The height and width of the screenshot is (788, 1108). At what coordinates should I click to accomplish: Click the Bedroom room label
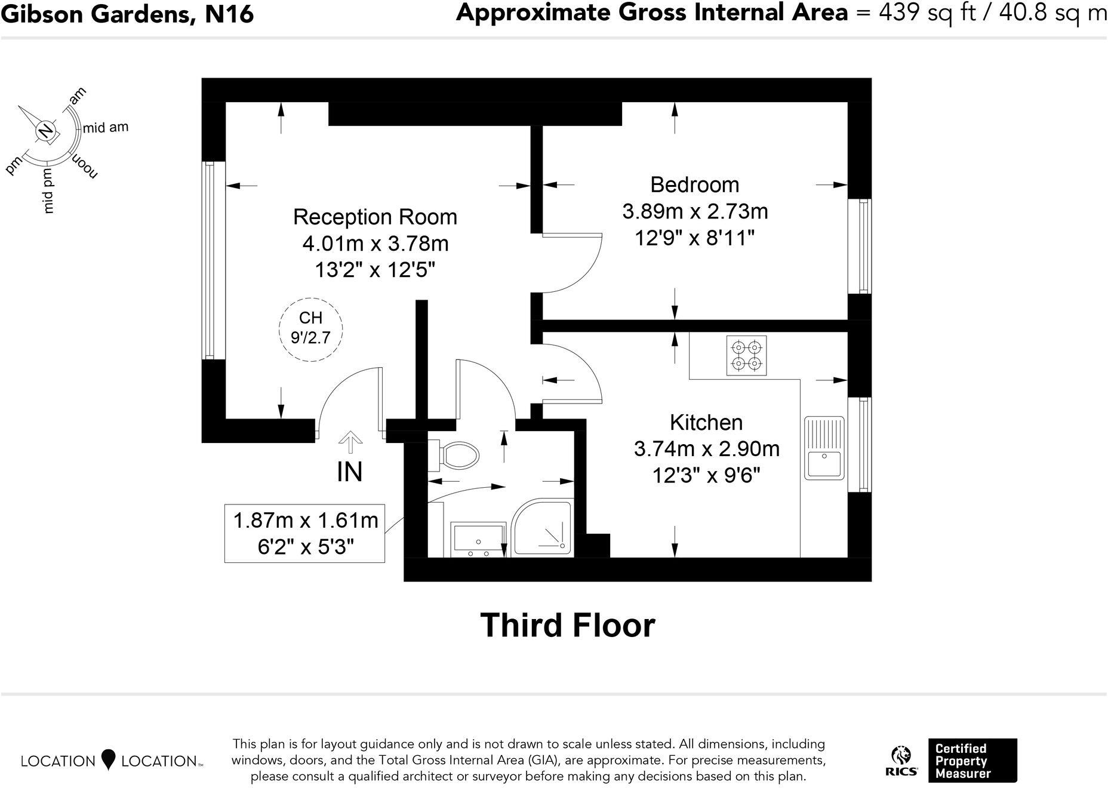[694, 184]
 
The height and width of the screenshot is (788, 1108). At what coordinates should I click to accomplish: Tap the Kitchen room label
[706, 422]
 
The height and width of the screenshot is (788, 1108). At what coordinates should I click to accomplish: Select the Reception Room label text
[375, 217]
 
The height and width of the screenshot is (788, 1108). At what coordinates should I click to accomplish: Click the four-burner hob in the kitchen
[747, 355]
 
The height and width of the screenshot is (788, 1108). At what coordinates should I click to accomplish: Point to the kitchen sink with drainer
[824, 448]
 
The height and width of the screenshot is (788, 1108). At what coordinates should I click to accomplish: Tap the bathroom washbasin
[478, 540]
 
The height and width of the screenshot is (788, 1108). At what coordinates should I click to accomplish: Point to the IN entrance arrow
[350, 444]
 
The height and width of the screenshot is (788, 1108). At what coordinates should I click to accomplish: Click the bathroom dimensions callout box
[304, 533]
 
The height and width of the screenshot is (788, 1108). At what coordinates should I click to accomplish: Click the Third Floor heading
[568, 625]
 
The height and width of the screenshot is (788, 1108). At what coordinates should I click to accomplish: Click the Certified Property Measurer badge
[972, 761]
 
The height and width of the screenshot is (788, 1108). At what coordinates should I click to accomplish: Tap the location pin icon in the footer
[108, 759]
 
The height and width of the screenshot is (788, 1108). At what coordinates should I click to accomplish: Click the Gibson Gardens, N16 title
[127, 14]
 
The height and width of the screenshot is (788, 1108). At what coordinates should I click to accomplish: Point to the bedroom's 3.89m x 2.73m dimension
[695, 211]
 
